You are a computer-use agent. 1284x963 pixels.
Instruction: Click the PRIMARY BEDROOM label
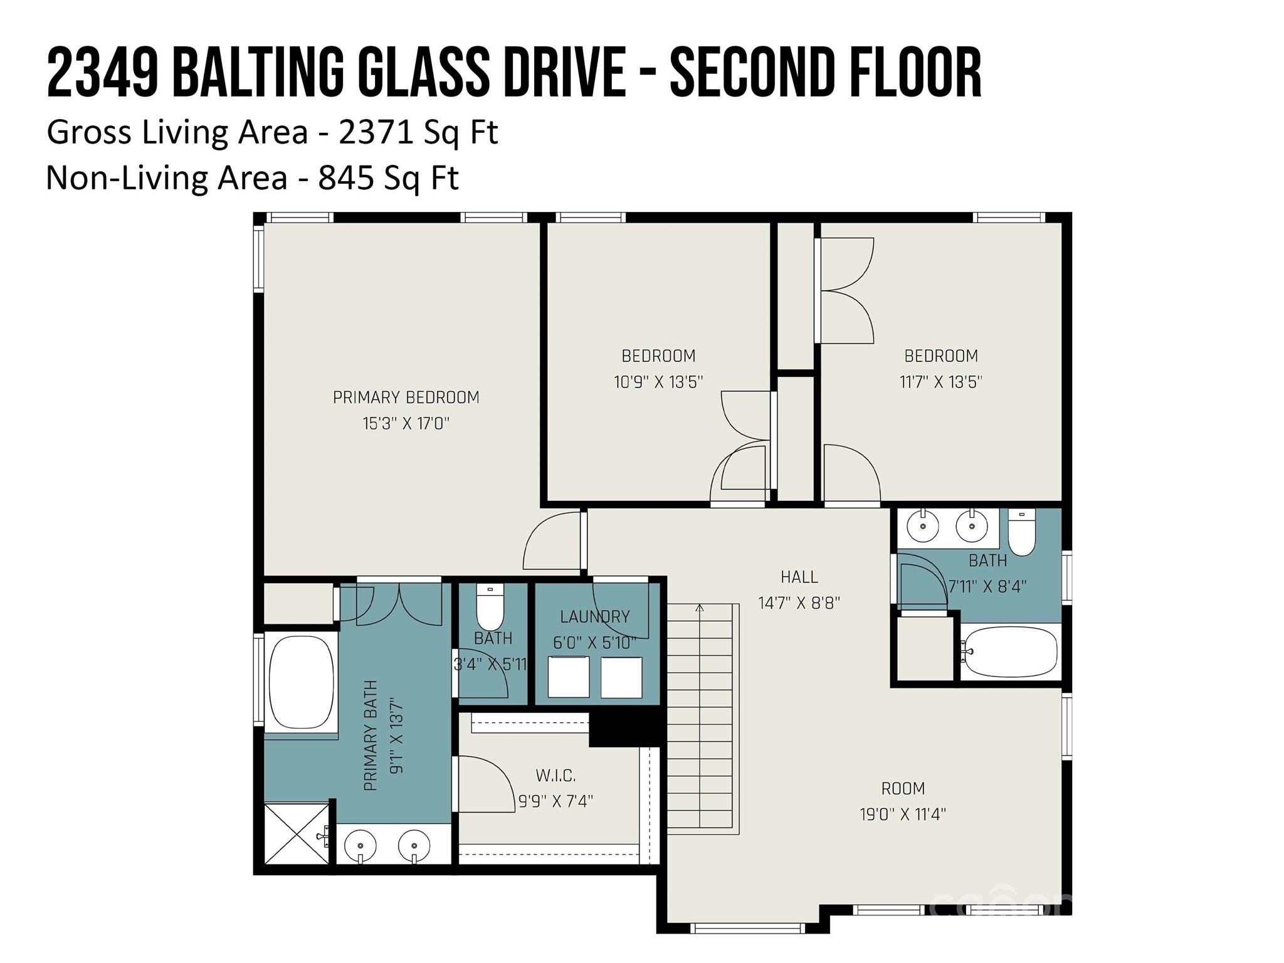click(406, 397)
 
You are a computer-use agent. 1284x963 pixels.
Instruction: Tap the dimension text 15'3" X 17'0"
click(406, 424)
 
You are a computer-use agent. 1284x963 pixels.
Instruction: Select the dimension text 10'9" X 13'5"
click(658, 382)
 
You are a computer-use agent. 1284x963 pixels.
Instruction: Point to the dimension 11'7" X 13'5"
click(940, 382)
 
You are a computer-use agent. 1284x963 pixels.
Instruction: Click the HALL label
click(799, 577)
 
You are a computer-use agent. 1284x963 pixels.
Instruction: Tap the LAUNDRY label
click(594, 617)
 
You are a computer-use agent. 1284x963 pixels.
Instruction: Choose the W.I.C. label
click(555, 776)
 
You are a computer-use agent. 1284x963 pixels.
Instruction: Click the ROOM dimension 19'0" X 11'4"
click(902, 814)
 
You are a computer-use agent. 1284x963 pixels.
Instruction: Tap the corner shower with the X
click(295, 833)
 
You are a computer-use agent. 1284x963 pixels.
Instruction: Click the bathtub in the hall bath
click(1009, 652)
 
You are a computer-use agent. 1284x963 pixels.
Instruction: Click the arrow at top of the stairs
click(700, 608)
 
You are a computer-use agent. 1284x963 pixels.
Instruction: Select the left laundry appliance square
click(568, 677)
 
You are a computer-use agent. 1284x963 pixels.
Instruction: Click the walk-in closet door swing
click(486, 784)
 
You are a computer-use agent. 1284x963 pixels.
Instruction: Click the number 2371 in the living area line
click(366, 132)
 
